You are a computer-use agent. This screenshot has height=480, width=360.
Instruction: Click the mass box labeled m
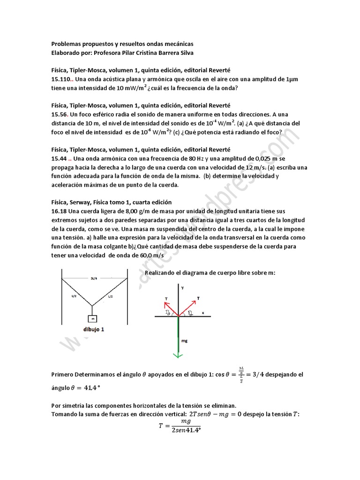[93, 319]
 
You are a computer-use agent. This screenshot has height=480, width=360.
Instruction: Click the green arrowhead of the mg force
[178, 355]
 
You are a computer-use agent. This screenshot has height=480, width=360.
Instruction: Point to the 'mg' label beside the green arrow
[184, 341]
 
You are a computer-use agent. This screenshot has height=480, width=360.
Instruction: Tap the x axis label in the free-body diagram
[203, 312]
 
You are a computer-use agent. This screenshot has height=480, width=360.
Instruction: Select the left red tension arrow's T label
[166, 298]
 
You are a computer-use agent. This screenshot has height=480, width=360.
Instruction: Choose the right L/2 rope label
[111, 296]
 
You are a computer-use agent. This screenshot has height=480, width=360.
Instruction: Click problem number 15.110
[62, 79]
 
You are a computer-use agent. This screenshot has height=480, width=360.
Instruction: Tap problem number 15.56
[60, 114]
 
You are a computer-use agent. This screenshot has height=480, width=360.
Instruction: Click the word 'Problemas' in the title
[68, 44]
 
